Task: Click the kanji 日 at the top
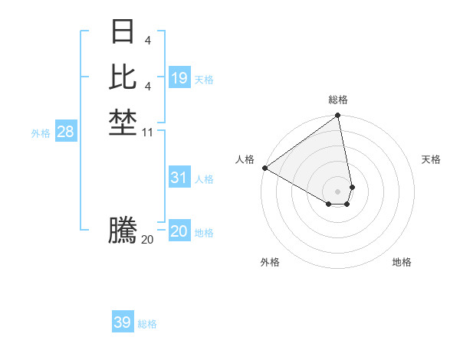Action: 123,32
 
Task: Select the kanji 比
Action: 123,77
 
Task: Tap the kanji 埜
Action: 123,122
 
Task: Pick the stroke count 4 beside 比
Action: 147,87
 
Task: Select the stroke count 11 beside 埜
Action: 148,132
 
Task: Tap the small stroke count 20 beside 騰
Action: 147,240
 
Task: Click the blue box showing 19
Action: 179,78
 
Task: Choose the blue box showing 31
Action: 179,178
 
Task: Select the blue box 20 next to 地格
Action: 179,231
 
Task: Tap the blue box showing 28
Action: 66,132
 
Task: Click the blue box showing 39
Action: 123,322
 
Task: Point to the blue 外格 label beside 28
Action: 41,133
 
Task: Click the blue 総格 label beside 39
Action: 147,324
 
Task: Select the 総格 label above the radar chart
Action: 338,100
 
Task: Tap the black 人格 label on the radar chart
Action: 245,159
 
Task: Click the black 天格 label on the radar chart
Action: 431,159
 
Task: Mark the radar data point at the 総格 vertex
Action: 338,116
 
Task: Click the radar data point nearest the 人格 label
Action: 264,168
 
